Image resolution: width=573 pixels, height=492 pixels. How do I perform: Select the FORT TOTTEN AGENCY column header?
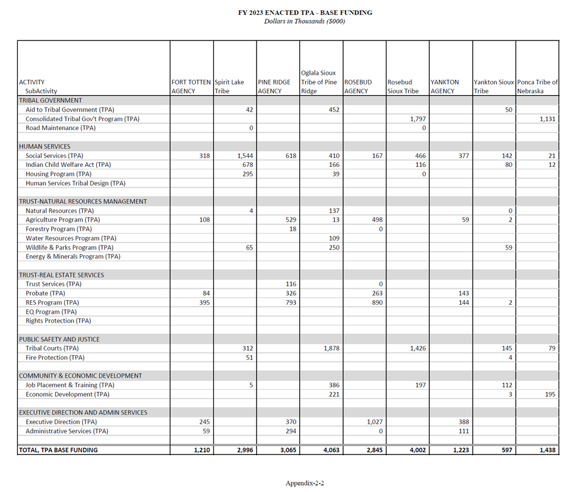point(191,87)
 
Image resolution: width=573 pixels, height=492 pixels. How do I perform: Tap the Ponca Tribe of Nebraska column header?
point(537,87)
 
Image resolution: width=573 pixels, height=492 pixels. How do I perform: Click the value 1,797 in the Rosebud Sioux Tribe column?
point(418,119)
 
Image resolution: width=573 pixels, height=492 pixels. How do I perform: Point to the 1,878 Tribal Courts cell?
point(331,348)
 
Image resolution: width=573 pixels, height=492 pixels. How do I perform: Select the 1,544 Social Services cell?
point(245,156)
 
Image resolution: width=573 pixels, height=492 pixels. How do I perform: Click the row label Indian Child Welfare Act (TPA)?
point(68,165)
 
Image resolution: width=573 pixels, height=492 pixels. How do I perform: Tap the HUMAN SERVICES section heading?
point(45,146)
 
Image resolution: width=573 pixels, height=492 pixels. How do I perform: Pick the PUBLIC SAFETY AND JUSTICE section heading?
point(59,339)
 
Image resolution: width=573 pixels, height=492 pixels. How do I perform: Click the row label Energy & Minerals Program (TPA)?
point(73,257)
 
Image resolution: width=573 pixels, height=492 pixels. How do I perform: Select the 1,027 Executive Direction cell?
point(374,422)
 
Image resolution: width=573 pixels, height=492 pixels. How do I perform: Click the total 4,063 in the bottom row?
point(331,450)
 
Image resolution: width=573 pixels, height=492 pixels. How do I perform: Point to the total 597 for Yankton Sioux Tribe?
point(505,450)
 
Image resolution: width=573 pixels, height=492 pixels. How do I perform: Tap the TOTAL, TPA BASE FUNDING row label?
point(58,450)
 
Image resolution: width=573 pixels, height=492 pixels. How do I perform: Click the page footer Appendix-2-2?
point(305,483)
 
